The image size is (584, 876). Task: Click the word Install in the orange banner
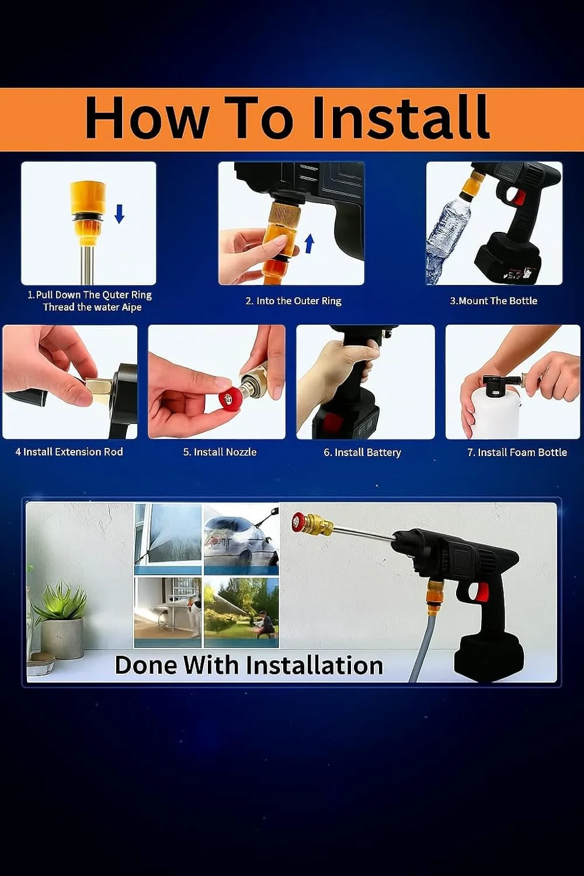coord(401,117)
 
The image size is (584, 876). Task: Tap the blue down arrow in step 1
coord(119,214)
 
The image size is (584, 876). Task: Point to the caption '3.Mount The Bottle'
coord(493,301)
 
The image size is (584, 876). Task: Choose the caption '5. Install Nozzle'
coord(220,452)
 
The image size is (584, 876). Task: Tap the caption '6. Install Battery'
coord(362,453)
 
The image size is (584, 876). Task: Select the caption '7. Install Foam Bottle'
coord(517,453)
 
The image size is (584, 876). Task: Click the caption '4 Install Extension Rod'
coord(69,451)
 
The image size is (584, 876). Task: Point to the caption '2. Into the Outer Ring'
coord(293,301)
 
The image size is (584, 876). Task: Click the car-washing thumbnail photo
coord(242,540)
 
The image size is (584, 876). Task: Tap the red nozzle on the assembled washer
coord(300,522)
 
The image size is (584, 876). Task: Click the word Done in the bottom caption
coord(145,665)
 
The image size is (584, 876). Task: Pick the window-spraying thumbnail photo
coord(168,540)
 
